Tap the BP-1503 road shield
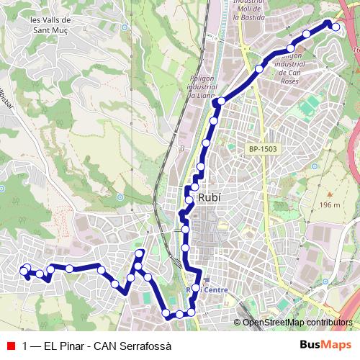click(x=263, y=149)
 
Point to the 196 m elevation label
click(x=328, y=205)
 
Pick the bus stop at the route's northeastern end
click(x=336, y=27)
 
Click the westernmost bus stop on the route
click(x=24, y=272)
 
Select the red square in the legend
click(x=11, y=346)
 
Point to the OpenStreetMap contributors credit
click(x=298, y=323)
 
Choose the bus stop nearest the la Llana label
click(x=220, y=102)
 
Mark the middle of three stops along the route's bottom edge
click(x=179, y=315)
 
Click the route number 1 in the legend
click(x=25, y=346)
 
